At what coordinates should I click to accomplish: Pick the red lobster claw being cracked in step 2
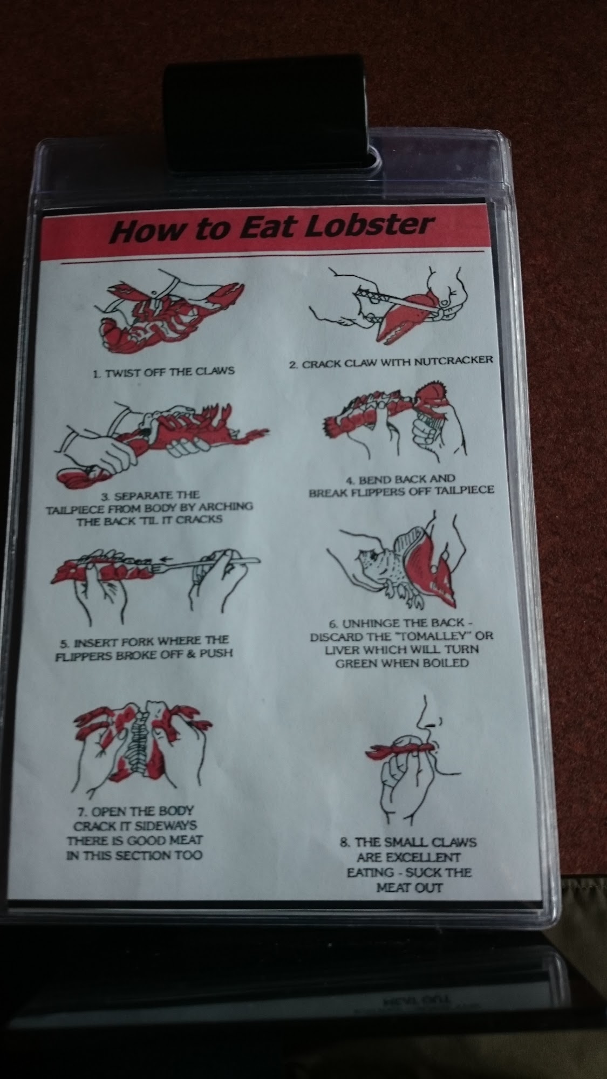click(407, 315)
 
